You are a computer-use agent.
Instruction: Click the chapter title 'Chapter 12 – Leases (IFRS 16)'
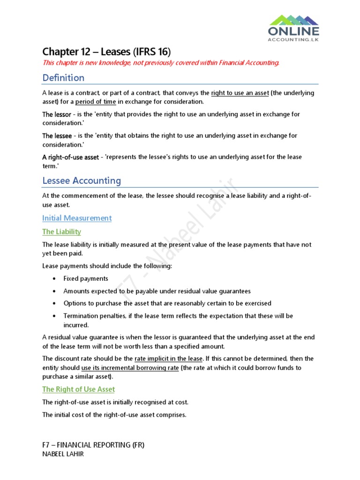[x=106, y=52]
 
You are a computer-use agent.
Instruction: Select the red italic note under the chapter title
[x=161, y=63]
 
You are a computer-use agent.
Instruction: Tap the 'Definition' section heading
[x=63, y=78]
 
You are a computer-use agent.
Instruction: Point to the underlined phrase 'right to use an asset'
[x=240, y=93]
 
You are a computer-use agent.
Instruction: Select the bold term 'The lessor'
[x=57, y=114]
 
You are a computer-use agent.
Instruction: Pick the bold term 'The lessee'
[x=57, y=136]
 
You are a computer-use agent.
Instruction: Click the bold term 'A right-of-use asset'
[x=70, y=157]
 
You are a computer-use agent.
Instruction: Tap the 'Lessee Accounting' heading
[x=82, y=180]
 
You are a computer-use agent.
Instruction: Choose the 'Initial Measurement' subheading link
[x=77, y=218]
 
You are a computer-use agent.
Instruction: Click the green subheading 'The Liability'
[x=61, y=232]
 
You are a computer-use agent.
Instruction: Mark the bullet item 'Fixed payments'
[x=86, y=278]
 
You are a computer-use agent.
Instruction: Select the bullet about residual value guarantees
[x=157, y=291]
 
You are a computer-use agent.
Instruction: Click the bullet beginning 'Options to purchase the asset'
[x=167, y=303]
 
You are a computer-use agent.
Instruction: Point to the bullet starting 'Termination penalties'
[x=178, y=316]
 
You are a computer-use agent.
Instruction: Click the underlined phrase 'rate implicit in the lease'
[x=168, y=359]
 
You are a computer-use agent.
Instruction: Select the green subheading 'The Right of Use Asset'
[x=78, y=389]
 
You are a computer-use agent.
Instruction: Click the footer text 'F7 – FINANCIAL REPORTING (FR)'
[x=93, y=445]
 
